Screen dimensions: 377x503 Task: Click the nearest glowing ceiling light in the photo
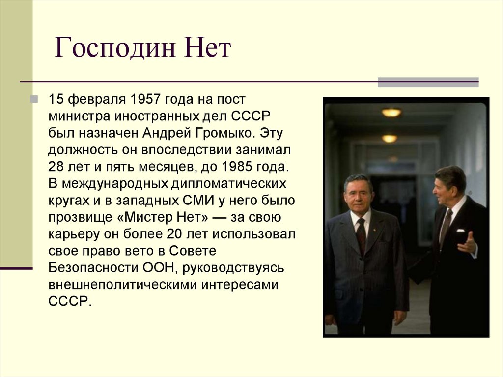click(391, 113)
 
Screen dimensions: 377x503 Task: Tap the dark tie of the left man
click(361, 235)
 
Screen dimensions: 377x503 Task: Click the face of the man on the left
click(358, 193)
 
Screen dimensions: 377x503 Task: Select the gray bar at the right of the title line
click(427, 82)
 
